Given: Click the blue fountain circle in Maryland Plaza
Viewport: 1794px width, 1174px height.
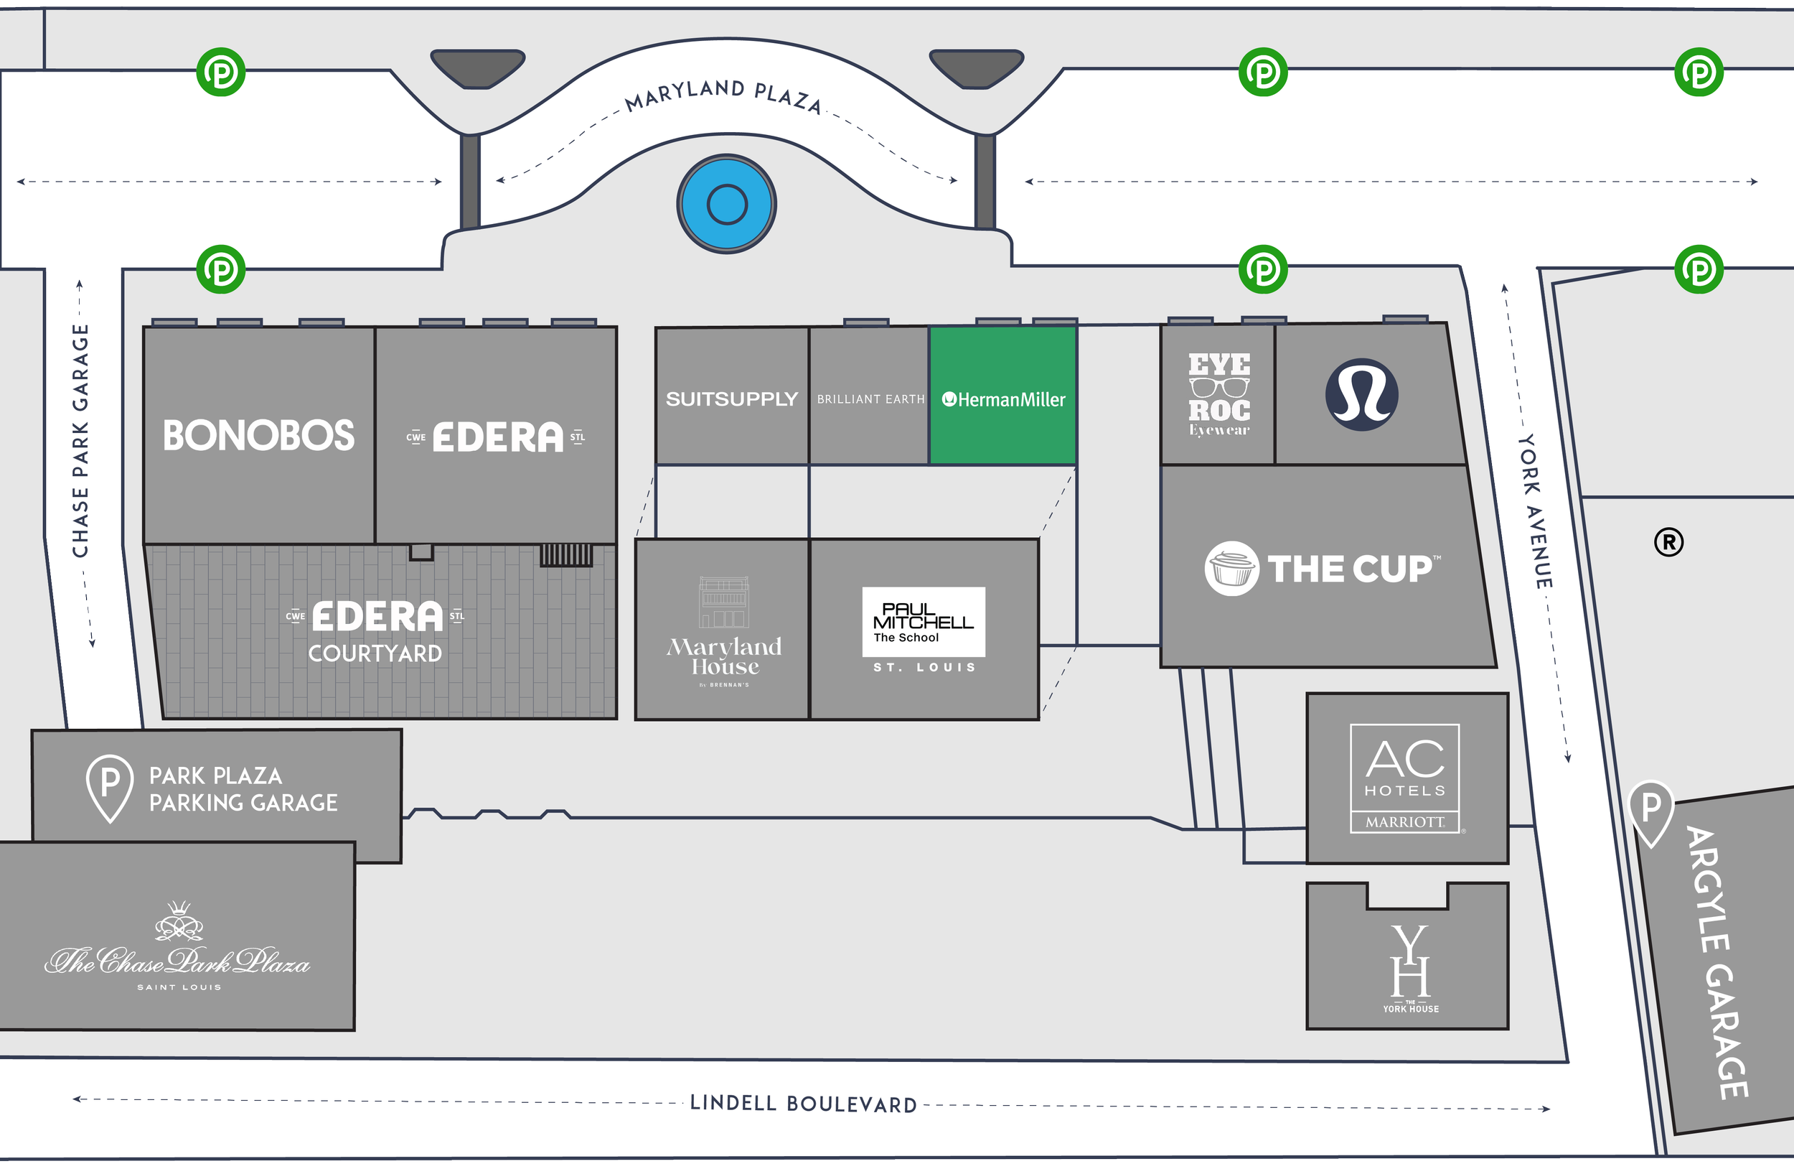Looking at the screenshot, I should click(x=727, y=204).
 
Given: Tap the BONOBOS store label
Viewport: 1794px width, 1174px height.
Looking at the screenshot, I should click(x=258, y=436).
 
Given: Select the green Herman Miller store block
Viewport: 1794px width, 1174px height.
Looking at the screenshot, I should click(x=1002, y=396).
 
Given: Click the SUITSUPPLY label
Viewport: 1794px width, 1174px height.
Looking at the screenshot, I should click(x=731, y=399).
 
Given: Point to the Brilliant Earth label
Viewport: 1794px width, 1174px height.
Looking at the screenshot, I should click(x=870, y=399).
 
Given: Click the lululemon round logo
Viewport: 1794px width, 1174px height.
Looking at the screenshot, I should click(x=1361, y=394).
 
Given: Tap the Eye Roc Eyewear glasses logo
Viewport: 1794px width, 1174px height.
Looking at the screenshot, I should click(x=1219, y=388).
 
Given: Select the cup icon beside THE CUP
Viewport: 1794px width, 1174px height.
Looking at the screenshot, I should click(x=1231, y=569).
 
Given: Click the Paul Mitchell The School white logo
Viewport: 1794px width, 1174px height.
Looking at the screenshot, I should click(x=924, y=621).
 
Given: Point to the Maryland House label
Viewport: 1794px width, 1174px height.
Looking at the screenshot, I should click(x=724, y=656).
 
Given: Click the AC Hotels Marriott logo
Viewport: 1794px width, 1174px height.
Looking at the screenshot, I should click(x=1405, y=778).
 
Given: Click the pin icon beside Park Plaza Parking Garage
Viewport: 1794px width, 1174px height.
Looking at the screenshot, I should click(x=110, y=786).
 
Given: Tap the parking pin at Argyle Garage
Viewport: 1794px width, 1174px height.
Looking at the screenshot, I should click(x=1650, y=811).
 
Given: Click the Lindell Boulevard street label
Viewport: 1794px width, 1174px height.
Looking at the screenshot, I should click(x=803, y=1104).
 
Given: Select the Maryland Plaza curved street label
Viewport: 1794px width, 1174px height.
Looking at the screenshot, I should click(x=723, y=95).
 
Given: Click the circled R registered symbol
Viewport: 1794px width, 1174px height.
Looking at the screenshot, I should click(x=1668, y=542).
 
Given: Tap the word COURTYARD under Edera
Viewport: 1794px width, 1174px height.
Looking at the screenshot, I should click(x=375, y=653).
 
